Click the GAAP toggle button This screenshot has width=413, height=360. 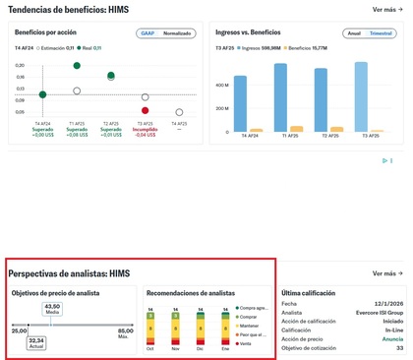147,32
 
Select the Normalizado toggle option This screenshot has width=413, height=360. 177,32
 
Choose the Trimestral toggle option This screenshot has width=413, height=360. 381,32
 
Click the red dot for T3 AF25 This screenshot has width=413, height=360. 145,109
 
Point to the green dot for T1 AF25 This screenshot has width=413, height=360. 77,66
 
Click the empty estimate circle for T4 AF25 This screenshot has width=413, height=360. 179,112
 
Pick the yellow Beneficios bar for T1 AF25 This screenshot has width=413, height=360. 296,128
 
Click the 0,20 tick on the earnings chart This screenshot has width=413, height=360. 20,66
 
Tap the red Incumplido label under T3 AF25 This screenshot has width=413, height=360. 145,129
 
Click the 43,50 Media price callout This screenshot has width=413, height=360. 52,308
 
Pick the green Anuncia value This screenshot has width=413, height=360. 393,338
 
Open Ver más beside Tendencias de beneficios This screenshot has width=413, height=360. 384,9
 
